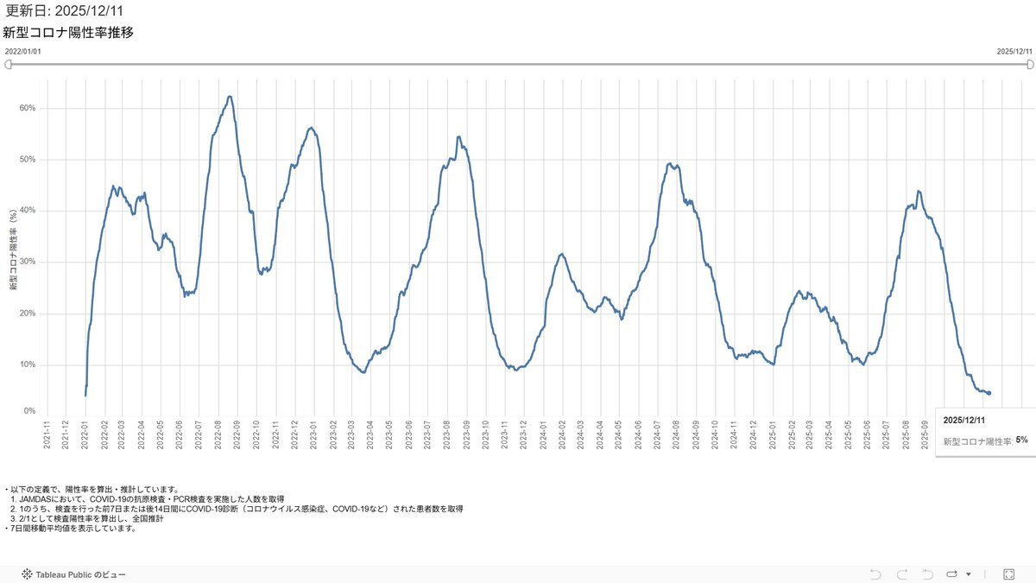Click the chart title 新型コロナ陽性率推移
click(x=68, y=33)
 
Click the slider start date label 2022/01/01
click(x=22, y=52)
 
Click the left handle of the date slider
click(x=9, y=65)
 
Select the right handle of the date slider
click(x=1028, y=65)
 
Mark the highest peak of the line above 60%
click(x=229, y=97)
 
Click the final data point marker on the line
click(x=989, y=393)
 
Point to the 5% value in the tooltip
click(x=1021, y=440)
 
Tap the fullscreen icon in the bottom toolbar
click(x=1008, y=573)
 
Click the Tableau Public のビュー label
click(x=79, y=574)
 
